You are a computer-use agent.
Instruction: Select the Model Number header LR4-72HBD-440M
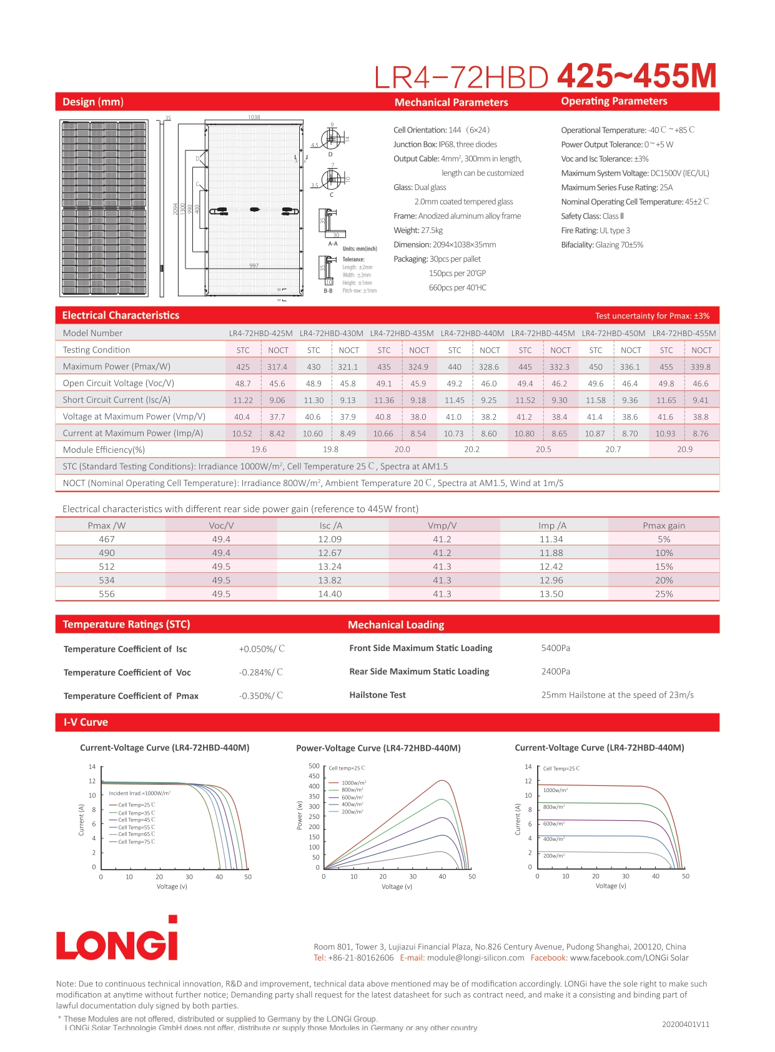[472, 333]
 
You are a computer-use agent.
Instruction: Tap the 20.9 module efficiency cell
[684, 449]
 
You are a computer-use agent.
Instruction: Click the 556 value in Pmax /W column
[107, 594]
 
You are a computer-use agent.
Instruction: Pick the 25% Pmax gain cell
[664, 594]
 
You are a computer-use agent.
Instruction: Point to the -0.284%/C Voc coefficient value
[261, 672]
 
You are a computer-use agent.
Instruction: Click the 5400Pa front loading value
[555, 648]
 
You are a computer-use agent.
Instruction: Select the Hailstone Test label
[377, 695]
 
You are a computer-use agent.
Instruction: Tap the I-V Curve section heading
[86, 722]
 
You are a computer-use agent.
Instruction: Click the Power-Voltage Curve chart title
[378, 748]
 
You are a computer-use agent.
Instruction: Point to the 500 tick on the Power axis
[314, 766]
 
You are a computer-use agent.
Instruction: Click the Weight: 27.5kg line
[418, 231]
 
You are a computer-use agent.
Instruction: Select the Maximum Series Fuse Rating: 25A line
[616, 187]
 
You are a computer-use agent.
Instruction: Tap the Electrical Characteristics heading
[121, 315]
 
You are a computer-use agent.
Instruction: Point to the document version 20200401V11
[686, 1025]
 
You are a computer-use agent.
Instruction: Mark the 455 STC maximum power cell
[666, 367]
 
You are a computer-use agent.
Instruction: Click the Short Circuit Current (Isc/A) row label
[116, 400]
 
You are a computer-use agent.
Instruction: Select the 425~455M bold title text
[636, 76]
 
